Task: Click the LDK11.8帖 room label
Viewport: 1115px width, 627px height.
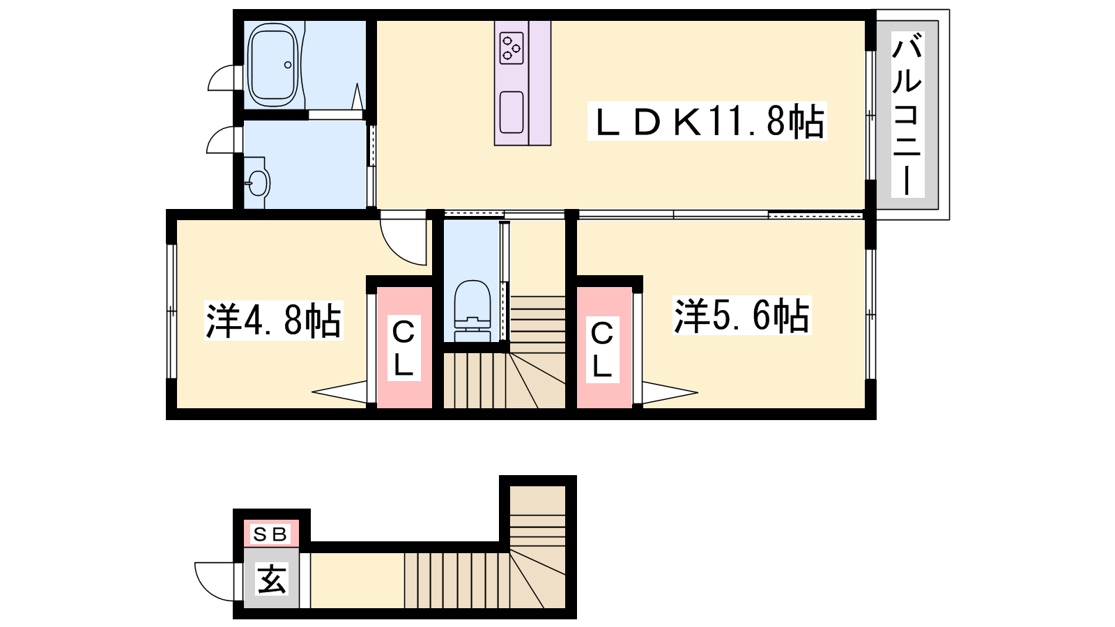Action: tap(707, 121)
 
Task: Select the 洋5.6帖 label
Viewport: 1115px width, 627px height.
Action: tap(741, 315)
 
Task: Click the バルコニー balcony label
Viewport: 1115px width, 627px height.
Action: tap(907, 114)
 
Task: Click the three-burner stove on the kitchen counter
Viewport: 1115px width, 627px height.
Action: tap(512, 48)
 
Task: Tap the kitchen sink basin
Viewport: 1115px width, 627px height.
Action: tap(512, 112)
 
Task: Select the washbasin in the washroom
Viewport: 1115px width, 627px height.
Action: tap(258, 183)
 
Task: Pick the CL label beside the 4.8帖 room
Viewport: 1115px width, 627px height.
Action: tap(403, 348)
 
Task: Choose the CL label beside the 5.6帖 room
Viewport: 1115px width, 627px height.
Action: tap(602, 349)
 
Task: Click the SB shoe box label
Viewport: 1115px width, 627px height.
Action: tap(271, 534)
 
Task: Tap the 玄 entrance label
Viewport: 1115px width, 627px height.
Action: tap(271, 579)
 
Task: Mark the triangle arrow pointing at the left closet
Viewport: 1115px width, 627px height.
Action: tap(339, 392)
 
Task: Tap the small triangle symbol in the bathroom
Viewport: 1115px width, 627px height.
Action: tap(356, 97)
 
